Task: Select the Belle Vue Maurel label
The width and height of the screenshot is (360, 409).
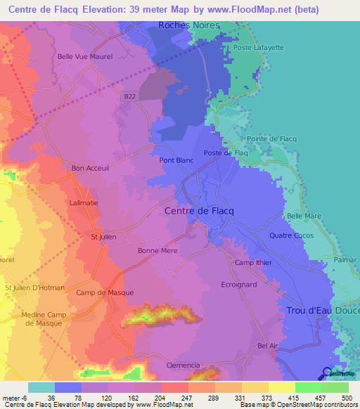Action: pos(84,57)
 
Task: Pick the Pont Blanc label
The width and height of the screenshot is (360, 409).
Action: pos(176,160)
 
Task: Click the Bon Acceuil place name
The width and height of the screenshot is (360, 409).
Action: pos(91,169)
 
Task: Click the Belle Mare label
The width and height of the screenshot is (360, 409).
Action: pos(304,216)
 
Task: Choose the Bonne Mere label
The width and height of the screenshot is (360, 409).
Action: pos(157,251)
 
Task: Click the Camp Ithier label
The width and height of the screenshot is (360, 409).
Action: pos(252,263)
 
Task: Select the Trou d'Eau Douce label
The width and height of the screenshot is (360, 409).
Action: pos(323,310)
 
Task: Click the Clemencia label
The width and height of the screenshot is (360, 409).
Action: pos(183,366)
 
